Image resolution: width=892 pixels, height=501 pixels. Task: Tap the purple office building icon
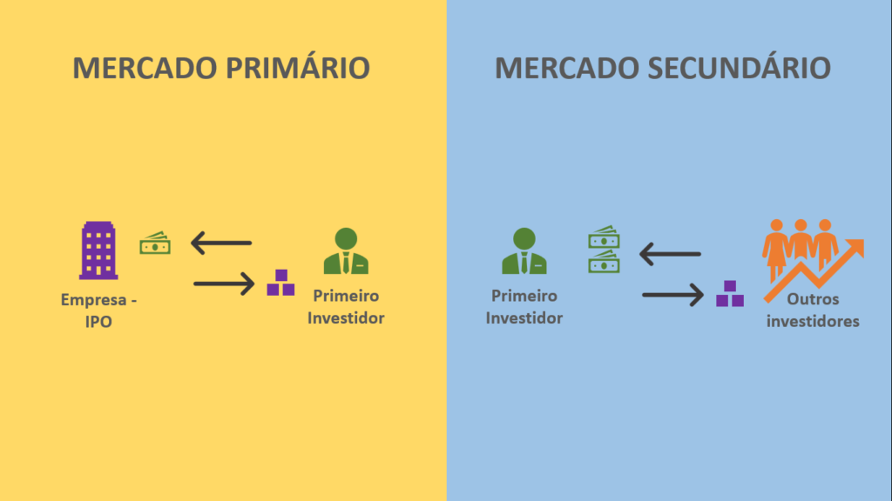click(98, 250)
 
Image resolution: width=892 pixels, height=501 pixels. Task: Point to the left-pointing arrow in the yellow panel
click(221, 243)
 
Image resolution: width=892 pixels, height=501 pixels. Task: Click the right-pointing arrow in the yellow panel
click(223, 283)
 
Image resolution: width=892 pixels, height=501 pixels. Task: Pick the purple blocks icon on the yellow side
click(280, 283)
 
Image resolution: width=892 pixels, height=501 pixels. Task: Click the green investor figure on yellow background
click(346, 251)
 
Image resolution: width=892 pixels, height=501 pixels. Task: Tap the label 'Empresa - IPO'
click(98, 310)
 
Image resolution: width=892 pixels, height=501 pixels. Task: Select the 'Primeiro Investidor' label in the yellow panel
click(346, 307)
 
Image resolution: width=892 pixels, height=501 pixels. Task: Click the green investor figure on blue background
click(524, 251)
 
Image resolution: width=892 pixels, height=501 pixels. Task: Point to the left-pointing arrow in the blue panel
click(670, 254)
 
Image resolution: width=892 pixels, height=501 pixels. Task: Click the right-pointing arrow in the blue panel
click(672, 295)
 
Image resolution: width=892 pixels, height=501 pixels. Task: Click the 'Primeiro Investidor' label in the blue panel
click(524, 307)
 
